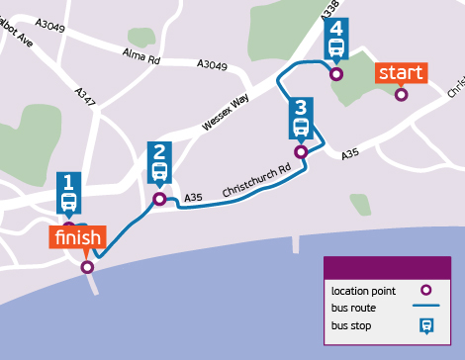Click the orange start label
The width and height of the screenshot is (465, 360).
(401, 73)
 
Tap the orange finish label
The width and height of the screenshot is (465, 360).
(78, 238)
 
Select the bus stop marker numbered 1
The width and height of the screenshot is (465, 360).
(68, 196)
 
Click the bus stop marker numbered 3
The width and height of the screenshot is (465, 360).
(302, 119)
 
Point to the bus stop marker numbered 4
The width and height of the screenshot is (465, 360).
(335, 40)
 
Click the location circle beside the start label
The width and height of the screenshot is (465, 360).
(401, 95)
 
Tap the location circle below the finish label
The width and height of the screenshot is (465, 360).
(87, 267)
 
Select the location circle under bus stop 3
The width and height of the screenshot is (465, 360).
(301, 151)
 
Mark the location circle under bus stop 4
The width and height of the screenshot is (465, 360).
(336, 73)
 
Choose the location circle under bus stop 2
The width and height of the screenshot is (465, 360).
(158, 200)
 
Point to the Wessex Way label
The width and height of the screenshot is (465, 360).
(227, 113)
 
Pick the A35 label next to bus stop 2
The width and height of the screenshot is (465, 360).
(193, 199)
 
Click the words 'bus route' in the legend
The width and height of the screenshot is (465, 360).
(353, 308)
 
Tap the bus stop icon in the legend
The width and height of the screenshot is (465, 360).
(426, 325)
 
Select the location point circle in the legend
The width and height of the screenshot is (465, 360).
(426, 291)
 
